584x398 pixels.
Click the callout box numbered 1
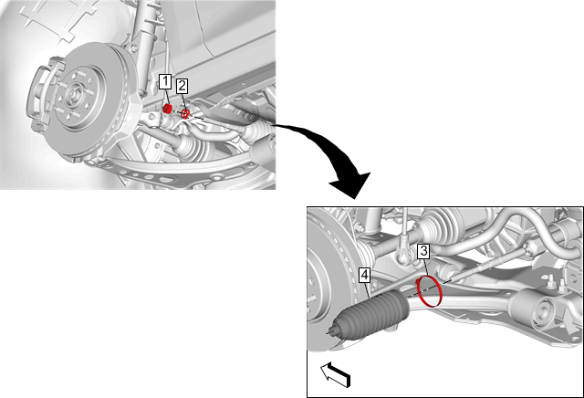(165, 81)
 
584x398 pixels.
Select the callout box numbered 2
(182, 86)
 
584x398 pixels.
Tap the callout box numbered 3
(423, 251)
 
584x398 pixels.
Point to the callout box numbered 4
(365, 276)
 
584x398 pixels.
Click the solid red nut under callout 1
(167, 109)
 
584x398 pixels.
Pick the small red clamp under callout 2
(185, 114)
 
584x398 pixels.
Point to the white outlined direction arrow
(336, 375)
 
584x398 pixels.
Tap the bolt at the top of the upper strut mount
(133, 48)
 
